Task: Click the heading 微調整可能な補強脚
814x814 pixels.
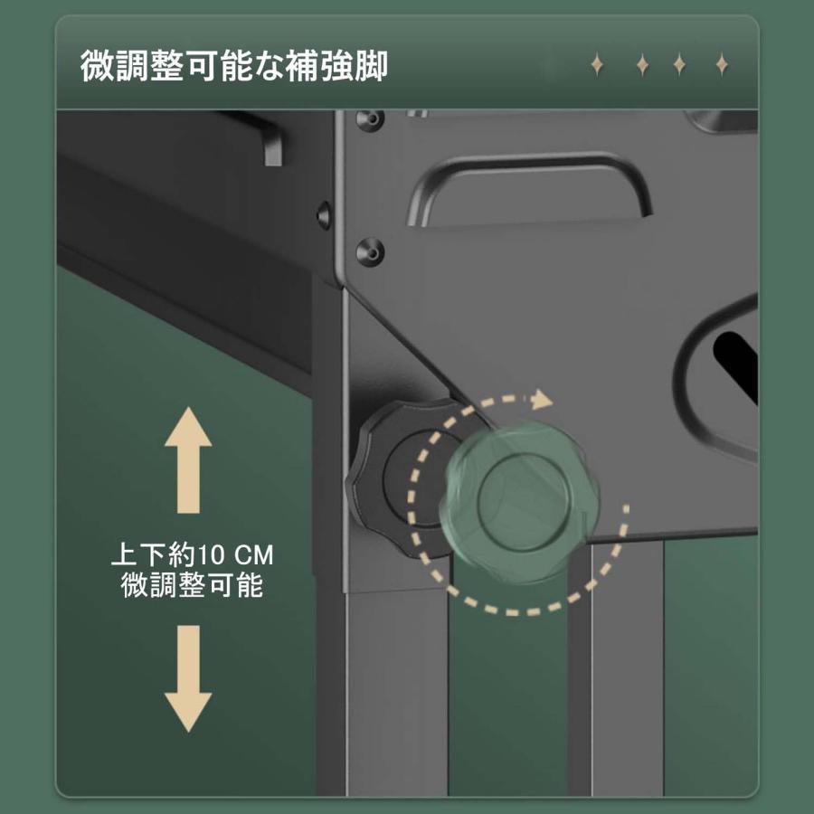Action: click(x=234, y=66)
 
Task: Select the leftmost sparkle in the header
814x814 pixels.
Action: click(x=598, y=65)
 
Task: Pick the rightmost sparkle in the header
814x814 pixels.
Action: click(x=722, y=65)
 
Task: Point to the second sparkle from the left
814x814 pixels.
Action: click(x=643, y=65)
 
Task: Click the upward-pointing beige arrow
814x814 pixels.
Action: click(x=188, y=460)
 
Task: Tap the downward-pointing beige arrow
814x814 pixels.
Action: click(x=188, y=678)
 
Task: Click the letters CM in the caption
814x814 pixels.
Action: click(x=254, y=555)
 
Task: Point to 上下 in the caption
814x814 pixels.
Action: click(x=139, y=554)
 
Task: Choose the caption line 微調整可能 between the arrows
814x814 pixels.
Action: click(x=192, y=585)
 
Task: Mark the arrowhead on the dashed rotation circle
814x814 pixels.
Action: click(x=542, y=399)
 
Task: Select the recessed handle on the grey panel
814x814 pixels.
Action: click(x=529, y=188)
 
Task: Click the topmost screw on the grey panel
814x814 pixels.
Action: click(x=370, y=119)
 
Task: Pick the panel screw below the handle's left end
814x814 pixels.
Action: click(x=370, y=252)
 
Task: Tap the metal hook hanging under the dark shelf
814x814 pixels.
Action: click(x=259, y=137)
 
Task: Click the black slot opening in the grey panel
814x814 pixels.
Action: click(x=736, y=366)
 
